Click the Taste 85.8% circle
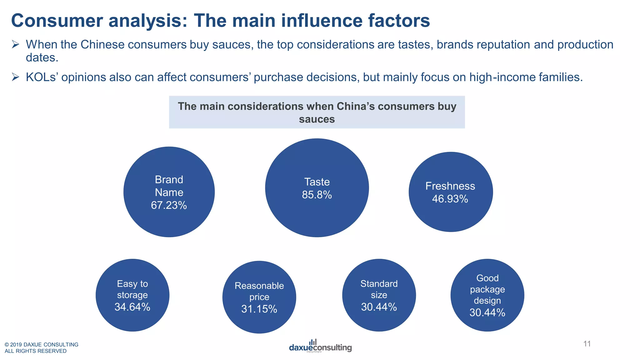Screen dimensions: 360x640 coord(317,188)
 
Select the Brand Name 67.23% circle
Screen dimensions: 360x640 coord(169,192)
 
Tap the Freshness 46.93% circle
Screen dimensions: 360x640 coord(451,192)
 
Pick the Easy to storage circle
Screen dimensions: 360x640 coord(132,295)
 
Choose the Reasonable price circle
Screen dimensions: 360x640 coord(259,297)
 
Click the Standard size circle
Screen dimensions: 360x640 coord(379,295)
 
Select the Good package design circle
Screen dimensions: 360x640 coord(487,295)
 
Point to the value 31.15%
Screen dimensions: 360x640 coord(259,309)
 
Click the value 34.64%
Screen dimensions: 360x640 coord(132,307)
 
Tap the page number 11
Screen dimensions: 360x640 coord(587,344)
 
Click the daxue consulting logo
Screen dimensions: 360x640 coord(320,346)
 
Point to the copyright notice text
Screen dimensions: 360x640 coord(41,347)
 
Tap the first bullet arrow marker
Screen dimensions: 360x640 coord(16,44)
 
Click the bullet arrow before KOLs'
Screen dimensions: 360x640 coord(16,77)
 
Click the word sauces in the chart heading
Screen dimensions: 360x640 coord(317,119)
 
